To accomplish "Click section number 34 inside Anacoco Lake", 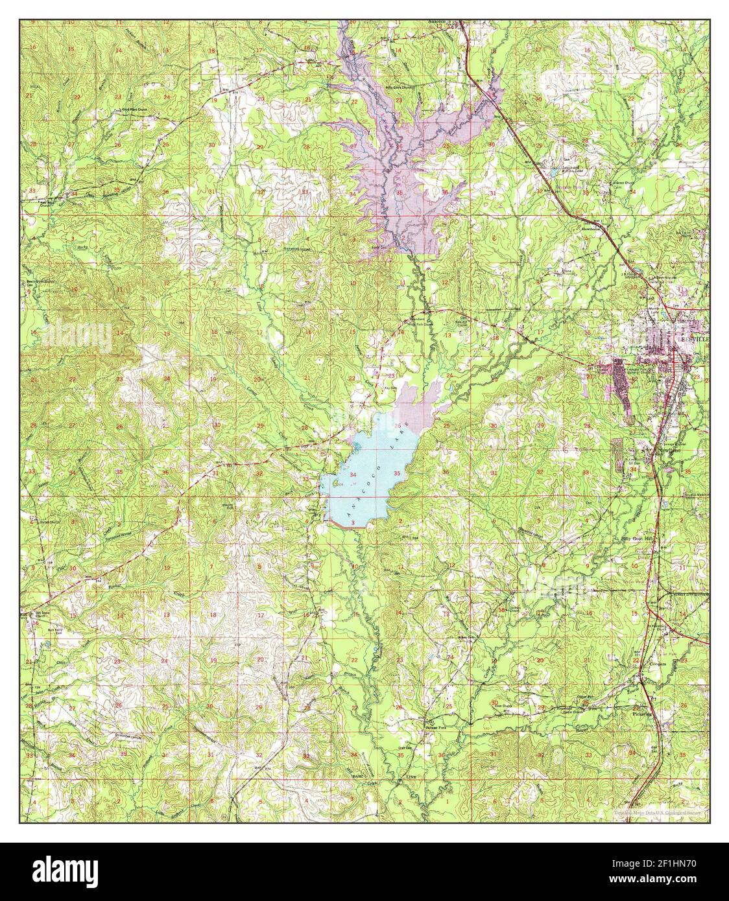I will (x=353, y=475).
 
